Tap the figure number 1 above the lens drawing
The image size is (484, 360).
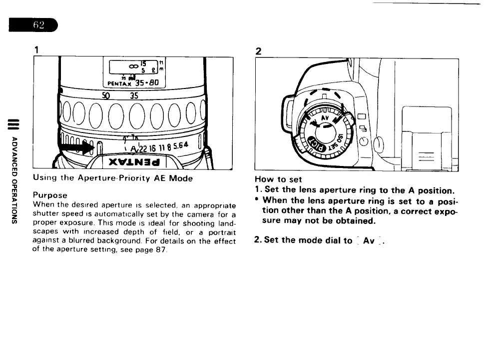point(36,50)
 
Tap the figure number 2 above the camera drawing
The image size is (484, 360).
point(258,51)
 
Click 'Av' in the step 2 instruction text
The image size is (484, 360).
point(369,240)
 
